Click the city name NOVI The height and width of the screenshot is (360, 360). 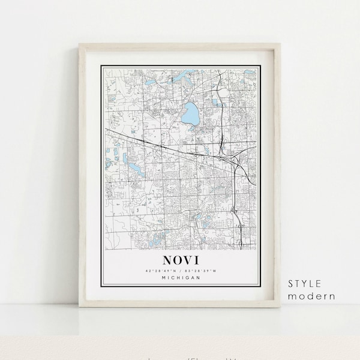180,261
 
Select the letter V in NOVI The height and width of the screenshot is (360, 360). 188,261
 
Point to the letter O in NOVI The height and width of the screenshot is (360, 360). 177,261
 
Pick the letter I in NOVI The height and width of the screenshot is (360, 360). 197,261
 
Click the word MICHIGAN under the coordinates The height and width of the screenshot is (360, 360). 180,278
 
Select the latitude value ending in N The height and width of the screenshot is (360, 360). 159,271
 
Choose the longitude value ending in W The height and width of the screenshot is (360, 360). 201,271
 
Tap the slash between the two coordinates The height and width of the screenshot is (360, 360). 180,271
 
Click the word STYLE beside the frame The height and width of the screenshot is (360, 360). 305,284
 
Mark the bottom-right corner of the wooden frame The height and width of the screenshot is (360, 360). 280,307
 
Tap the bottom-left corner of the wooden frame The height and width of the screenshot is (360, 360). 80,307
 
